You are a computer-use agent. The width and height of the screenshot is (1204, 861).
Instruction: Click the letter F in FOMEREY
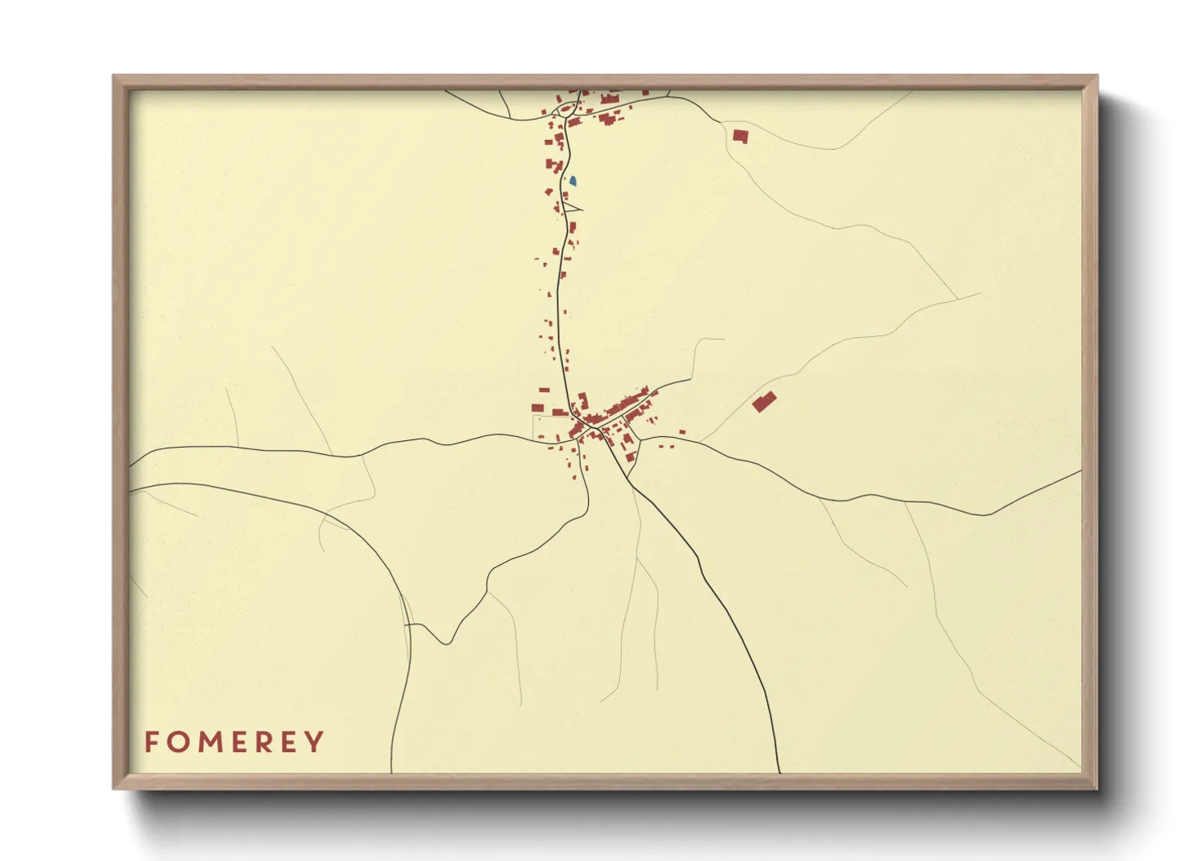(150, 742)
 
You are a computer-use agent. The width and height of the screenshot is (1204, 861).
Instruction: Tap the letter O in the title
(177, 742)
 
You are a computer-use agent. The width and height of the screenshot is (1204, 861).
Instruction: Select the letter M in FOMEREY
(207, 742)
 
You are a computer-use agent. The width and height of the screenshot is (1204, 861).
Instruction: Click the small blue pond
(573, 181)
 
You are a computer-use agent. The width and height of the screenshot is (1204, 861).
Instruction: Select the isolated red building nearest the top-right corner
(739, 136)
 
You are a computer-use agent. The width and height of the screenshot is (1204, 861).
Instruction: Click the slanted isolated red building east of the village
(763, 401)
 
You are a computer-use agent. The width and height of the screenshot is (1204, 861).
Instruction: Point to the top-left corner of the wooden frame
(114, 76)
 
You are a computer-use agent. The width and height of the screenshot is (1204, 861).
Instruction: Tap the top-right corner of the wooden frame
(1097, 76)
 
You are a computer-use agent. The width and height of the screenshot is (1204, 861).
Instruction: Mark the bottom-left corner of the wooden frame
(114, 788)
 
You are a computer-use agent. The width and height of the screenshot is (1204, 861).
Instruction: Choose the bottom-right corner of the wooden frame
(1097, 788)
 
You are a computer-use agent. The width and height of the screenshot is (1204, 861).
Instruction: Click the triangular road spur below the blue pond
(572, 206)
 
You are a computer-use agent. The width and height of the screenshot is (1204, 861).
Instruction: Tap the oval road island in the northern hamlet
(562, 108)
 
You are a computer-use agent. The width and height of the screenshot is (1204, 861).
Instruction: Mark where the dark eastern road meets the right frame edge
(1081, 471)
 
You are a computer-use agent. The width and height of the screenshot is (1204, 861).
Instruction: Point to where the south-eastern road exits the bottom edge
(779, 772)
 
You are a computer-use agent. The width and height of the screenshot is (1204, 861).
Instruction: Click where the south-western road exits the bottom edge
(392, 772)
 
